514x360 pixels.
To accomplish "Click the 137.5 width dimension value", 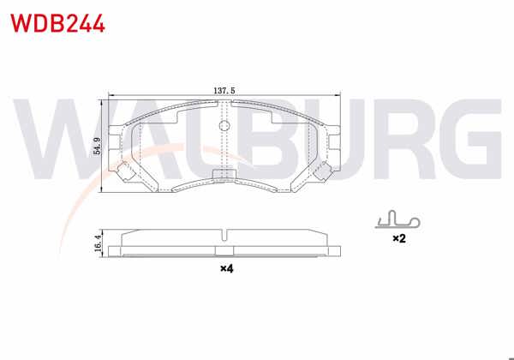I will [224, 88].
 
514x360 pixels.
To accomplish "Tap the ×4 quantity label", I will [226, 269].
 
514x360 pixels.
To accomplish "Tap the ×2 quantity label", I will [398, 239].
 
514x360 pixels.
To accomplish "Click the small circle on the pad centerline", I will [224, 127].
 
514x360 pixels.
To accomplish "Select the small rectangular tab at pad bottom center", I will [224, 177].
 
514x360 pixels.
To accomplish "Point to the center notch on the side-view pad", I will [224, 235].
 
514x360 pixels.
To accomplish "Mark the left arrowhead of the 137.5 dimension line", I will [104, 94].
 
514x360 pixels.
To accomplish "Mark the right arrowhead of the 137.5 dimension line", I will [344, 94].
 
